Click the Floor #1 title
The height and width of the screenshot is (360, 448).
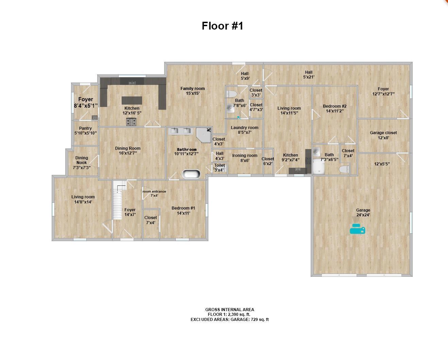[222, 26]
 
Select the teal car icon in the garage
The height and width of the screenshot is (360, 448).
[357, 229]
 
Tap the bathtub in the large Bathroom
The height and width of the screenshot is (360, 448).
[191, 174]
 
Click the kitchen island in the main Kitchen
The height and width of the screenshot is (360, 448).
[132, 100]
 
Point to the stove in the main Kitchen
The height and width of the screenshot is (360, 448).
[131, 122]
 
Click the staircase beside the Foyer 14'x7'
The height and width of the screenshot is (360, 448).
[118, 202]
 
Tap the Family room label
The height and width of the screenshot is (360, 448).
[192, 91]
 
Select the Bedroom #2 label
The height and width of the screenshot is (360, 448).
[334, 108]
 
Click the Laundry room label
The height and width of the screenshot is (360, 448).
[244, 130]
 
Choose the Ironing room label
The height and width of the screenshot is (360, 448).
[245, 158]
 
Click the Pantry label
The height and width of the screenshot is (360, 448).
[85, 130]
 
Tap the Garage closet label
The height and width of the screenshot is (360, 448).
[383, 135]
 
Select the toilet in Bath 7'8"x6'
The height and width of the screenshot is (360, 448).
[232, 94]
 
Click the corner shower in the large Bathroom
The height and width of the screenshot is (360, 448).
[204, 134]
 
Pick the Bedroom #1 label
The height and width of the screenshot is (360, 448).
[183, 211]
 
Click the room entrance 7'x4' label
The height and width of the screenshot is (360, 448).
[154, 193]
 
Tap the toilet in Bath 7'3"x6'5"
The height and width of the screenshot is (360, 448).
[344, 169]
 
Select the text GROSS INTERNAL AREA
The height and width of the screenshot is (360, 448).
[229, 309]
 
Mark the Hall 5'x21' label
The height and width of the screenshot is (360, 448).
[309, 74]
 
